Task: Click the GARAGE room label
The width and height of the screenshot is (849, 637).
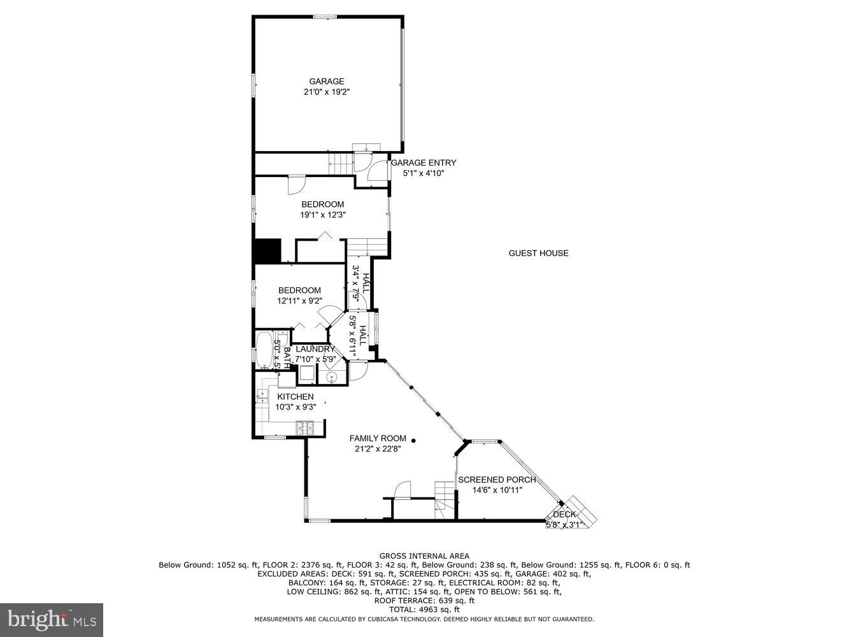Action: (x=326, y=82)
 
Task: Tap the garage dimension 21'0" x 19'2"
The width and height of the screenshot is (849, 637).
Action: (x=326, y=92)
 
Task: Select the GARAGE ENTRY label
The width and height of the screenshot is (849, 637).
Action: (x=423, y=163)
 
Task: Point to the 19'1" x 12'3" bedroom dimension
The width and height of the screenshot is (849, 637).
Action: (x=322, y=215)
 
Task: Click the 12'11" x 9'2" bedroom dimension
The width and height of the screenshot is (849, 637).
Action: (x=299, y=301)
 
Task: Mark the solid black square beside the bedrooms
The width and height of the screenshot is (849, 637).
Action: (x=268, y=250)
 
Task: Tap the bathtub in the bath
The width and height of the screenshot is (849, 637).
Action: (x=264, y=350)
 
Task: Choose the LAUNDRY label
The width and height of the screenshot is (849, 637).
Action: (x=315, y=349)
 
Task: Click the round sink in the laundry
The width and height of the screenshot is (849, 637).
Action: (x=332, y=376)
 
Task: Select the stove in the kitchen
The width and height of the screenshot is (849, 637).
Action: (x=305, y=429)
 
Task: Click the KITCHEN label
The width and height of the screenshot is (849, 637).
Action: (x=295, y=397)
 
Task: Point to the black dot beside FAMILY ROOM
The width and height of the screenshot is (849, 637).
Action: (x=413, y=440)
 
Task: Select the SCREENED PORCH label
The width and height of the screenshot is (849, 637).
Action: (x=497, y=480)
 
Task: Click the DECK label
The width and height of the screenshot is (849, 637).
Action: (x=564, y=514)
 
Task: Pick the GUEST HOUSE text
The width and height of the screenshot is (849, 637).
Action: (x=538, y=254)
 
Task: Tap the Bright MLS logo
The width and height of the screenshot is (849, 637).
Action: (x=52, y=620)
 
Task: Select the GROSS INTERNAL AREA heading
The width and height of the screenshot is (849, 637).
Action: (x=424, y=556)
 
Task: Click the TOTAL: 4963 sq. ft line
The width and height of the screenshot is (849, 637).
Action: (x=424, y=610)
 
